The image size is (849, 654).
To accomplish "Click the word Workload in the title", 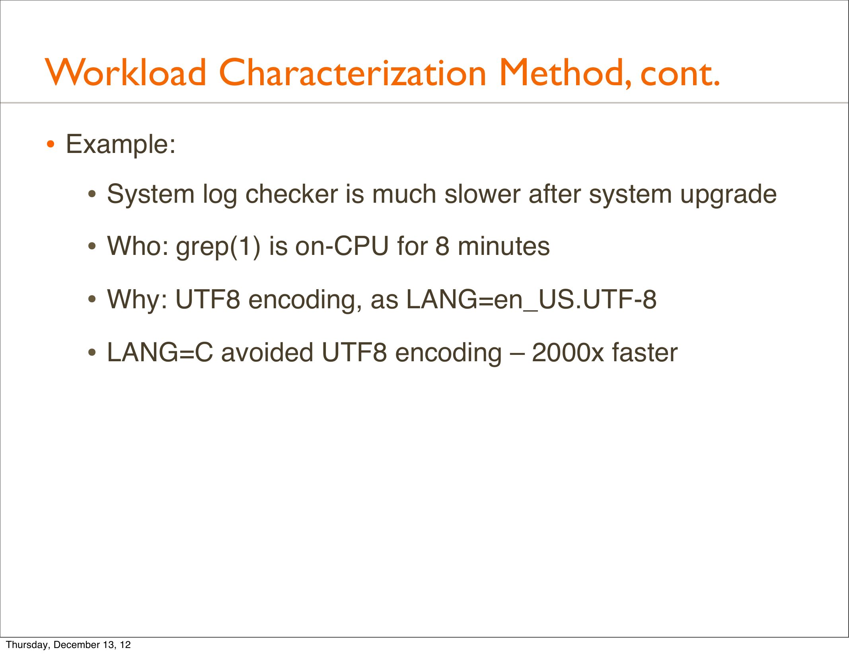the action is [x=126, y=72].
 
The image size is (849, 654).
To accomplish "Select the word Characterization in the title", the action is [x=352, y=72].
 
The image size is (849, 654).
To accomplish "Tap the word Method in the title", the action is [x=565, y=72].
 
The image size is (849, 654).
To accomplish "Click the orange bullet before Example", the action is [x=50, y=145].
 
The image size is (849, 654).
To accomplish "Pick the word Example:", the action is [x=121, y=145].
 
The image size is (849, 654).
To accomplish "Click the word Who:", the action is [x=138, y=246].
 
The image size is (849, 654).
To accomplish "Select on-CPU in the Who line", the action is [x=342, y=246].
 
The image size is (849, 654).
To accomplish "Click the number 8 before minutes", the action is [x=442, y=246].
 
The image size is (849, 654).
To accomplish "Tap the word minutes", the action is [x=504, y=246].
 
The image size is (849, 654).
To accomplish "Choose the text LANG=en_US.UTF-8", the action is [x=531, y=300].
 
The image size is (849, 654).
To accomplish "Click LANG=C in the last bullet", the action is [x=160, y=352].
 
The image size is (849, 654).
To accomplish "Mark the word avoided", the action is [x=267, y=352].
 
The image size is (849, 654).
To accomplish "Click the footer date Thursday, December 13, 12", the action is [x=68, y=645].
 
